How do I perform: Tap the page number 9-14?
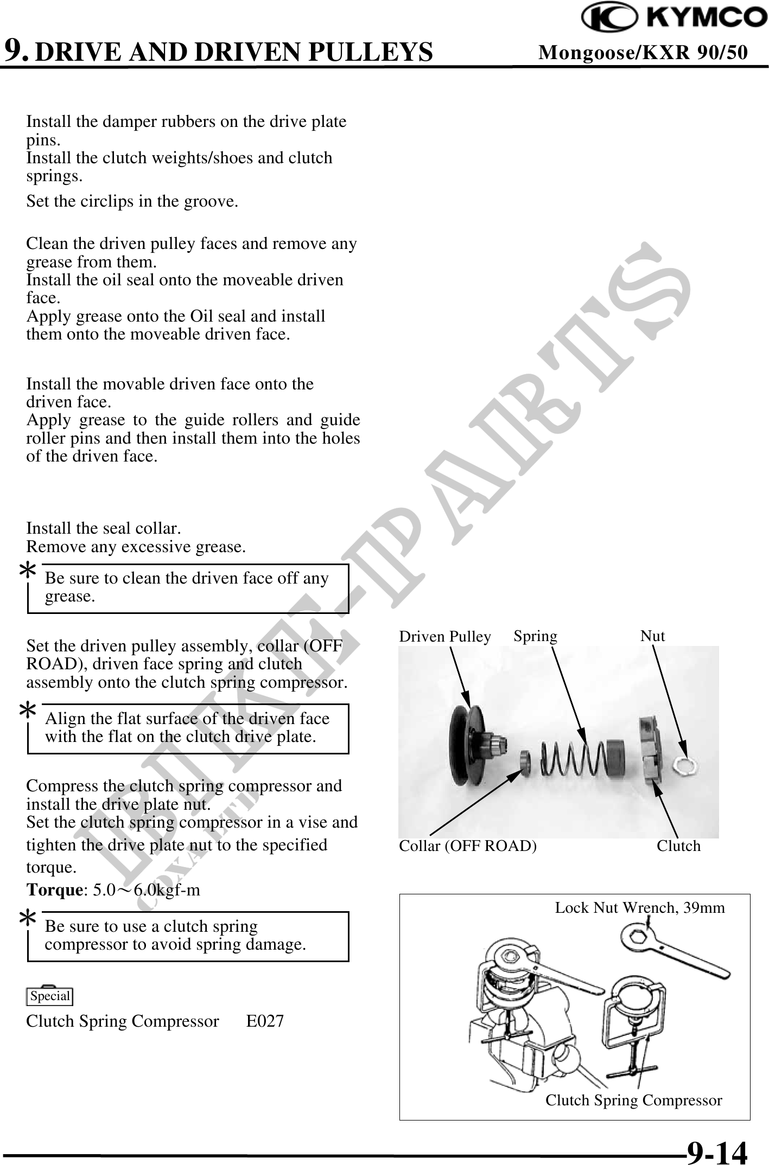716,1152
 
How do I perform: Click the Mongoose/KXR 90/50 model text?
643,52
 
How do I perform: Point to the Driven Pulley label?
445,637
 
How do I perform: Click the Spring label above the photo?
535,636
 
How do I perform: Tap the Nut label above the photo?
652,636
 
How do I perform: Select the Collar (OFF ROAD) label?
468,846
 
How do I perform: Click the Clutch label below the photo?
678,846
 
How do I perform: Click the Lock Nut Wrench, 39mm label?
640,908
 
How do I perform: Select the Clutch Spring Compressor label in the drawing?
633,1100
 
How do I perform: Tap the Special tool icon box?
50,996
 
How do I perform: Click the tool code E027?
265,1021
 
